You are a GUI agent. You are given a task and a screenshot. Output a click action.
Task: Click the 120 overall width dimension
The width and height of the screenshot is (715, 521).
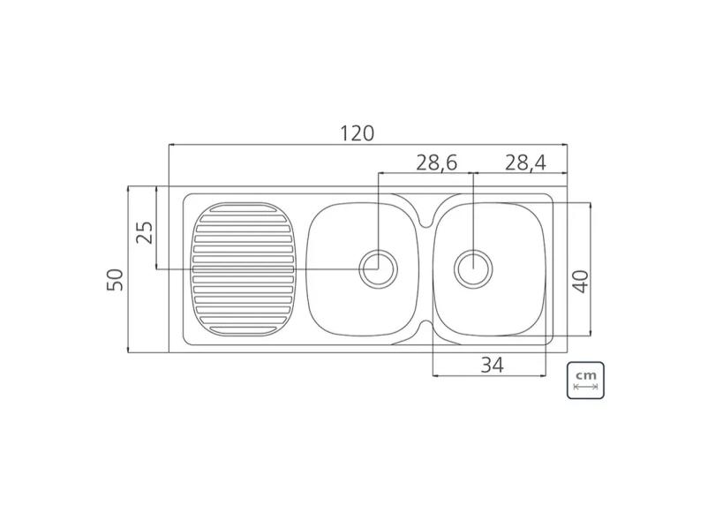click(x=357, y=132)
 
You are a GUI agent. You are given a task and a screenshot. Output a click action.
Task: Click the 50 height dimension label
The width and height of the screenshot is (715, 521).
click(x=115, y=280)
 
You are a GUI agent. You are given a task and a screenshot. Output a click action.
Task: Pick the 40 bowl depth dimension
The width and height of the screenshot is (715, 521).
click(x=580, y=281)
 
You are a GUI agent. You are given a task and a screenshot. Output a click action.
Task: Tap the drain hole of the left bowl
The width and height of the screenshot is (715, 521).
click(x=378, y=267)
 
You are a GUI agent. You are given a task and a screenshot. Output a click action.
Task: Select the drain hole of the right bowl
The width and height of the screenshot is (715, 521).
click(x=474, y=267)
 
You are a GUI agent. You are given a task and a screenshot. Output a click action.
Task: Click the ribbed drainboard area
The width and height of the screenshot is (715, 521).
click(x=242, y=269)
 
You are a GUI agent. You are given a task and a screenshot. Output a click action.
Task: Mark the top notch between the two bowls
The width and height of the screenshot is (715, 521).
click(x=426, y=215)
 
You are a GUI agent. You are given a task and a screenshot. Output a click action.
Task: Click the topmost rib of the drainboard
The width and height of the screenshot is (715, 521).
click(x=242, y=209)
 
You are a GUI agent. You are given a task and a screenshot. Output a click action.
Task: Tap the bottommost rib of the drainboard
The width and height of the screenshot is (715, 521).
click(x=242, y=328)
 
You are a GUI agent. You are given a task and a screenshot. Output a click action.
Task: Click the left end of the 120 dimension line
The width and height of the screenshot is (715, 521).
click(x=169, y=145)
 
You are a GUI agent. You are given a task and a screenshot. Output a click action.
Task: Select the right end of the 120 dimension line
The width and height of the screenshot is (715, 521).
click(x=567, y=145)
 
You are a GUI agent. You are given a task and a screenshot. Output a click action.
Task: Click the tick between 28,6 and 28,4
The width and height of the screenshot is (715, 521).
click(x=474, y=172)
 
